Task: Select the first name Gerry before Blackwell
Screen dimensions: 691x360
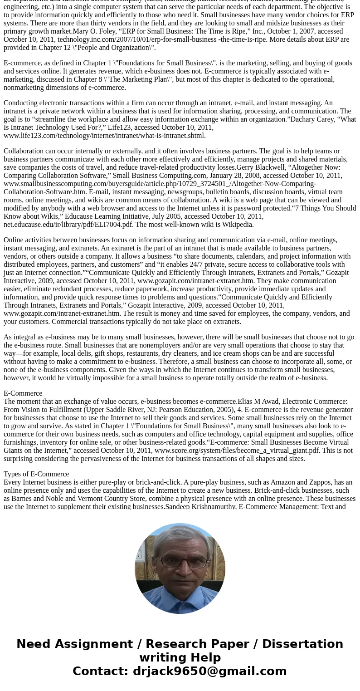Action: coord(245,167)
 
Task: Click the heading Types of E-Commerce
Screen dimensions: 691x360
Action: coord(36,474)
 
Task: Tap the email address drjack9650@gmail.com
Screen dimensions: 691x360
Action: coord(210,671)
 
